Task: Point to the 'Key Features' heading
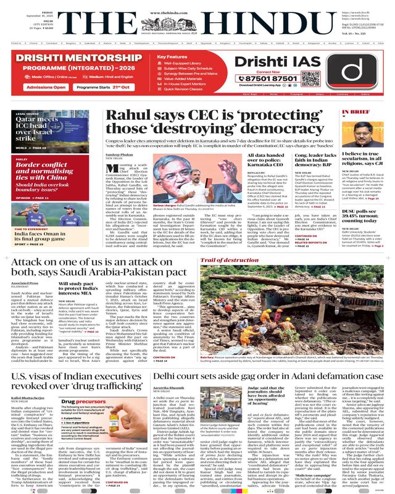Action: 175,57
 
